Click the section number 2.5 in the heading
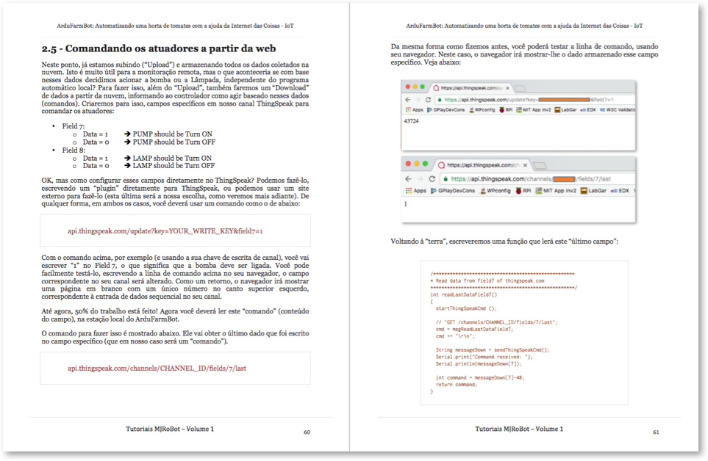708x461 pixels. pyautogui.click(x=53, y=49)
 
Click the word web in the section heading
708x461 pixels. pyautogui.click(x=262, y=49)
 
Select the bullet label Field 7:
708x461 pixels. pyautogui.click(x=74, y=126)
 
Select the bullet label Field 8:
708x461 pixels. pyautogui.click(x=74, y=150)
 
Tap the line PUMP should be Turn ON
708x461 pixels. pyautogui.click(x=172, y=134)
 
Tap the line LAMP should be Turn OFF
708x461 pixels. pyautogui.click(x=174, y=166)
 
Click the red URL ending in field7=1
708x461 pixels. pyautogui.click(x=165, y=230)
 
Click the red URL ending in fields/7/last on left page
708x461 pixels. pyautogui.click(x=162, y=369)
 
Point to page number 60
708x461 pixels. pyautogui.click(x=307, y=432)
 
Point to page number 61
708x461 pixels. pyautogui.click(x=656, y=432)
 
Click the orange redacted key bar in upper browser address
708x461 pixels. pyautogui.click(x=564, y=98)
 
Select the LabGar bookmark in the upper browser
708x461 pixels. pyautogui.click(x=566, y=109)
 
